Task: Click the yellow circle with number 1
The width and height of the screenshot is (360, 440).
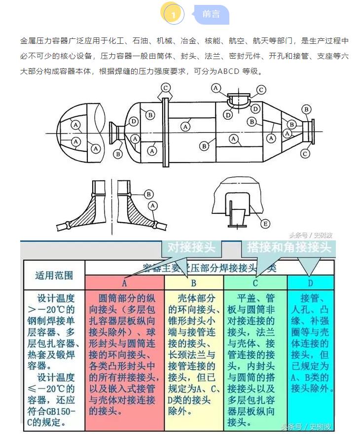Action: tap(173, 14)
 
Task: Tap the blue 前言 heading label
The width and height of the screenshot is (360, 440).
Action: tap(211, 14)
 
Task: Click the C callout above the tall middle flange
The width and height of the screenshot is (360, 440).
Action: tap(166, 88)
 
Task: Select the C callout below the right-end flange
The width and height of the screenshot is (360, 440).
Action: tap(305, 154)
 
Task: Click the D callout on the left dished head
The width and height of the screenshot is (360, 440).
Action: tap(133, 121)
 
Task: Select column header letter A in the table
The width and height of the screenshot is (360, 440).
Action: tap(124, 283)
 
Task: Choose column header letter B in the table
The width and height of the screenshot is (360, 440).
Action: tap(194, 283)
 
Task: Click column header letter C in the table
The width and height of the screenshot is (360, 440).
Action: tap(255, 283)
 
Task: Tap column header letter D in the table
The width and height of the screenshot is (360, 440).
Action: tap(310, 283)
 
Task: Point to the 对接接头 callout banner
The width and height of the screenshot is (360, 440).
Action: tap(191, 247)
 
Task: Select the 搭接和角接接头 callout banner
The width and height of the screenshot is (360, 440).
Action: tap(288, 247)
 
